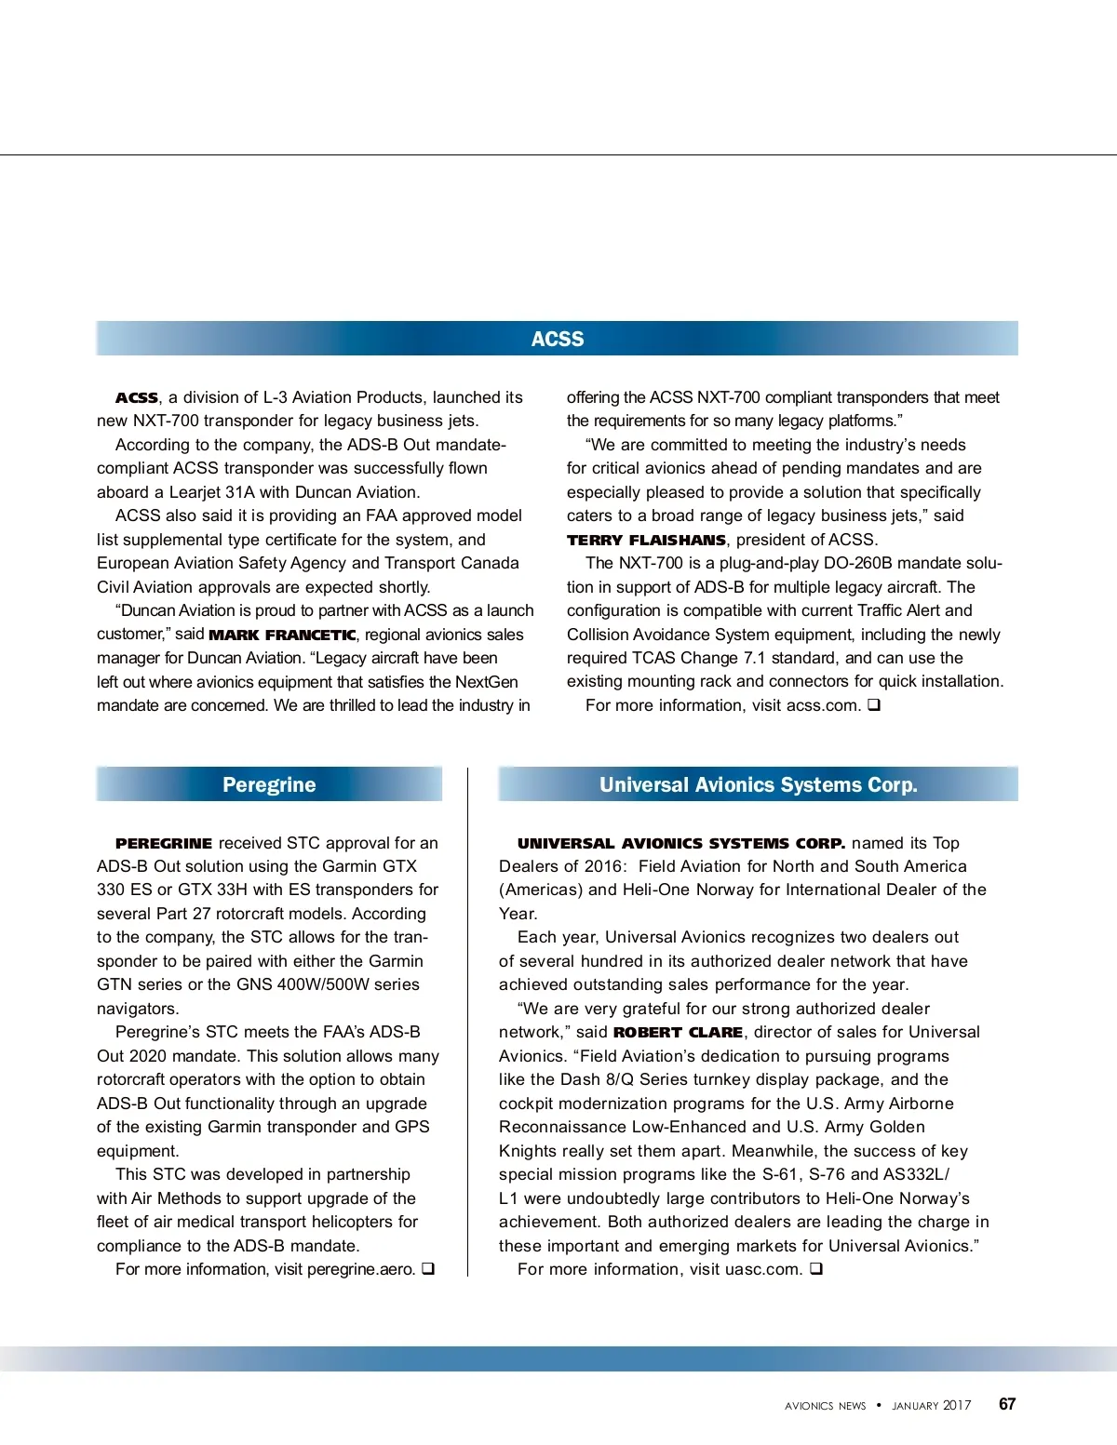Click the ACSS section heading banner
coord(557,339)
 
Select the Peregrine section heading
coord(269,784)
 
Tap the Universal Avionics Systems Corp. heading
coord(758,784)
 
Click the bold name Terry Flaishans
coord(646,540)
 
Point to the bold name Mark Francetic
coord(282,635)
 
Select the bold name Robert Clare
coord(678,1032)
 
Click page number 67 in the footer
coord(1007,1404)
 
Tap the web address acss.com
coord(823,705)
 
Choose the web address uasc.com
coord(763,1269)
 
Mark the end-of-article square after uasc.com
coord(815,1268)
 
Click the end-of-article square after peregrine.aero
coord(428,1268)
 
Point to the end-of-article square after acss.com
coord(874,704)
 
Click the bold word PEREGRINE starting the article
coord(164,843)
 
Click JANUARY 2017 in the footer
coord(931,1406)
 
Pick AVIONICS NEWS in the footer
coord(825,1406)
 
